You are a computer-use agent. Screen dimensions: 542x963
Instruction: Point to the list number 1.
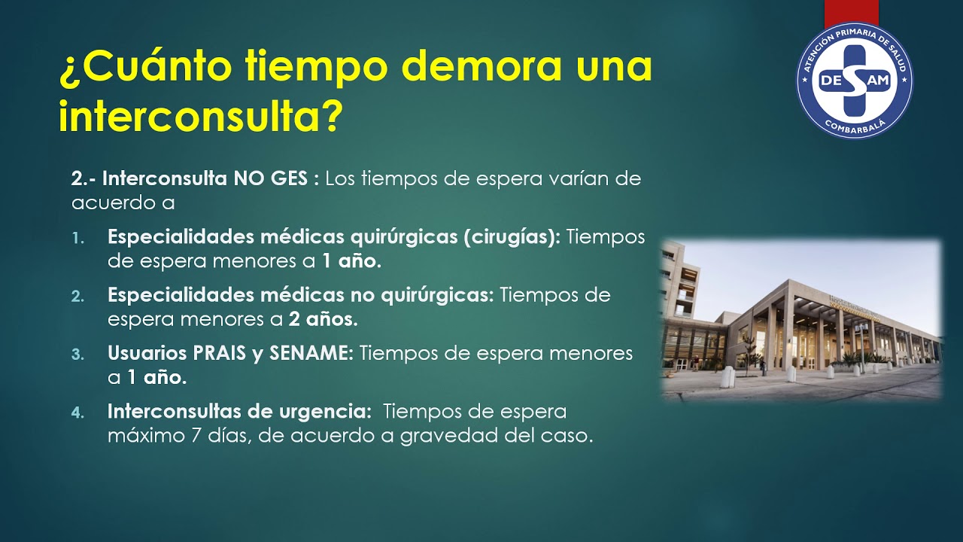tap(78, 238)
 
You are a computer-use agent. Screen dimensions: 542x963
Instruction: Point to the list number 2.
tap(78, 296)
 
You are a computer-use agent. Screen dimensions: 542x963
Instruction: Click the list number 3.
tap(78, 354)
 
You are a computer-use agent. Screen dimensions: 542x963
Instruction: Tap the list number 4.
tap(78, 413)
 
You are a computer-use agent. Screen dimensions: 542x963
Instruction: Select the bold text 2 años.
tap(323, 319)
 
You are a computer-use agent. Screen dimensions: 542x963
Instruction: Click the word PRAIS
tap(218, 353)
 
